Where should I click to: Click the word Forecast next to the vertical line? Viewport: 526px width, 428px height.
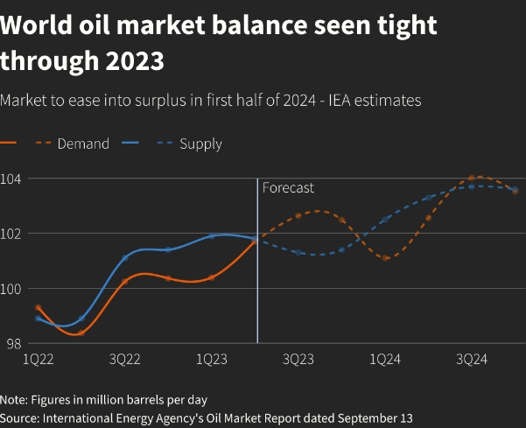point(288,188)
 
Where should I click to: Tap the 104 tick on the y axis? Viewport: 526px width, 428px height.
point(15,179)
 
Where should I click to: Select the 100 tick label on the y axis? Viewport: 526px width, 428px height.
point(15,289)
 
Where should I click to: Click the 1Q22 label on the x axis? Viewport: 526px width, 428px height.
point(39,360)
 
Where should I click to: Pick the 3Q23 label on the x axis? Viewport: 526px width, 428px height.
point(298,360)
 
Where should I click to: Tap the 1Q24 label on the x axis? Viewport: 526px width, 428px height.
point(385,360)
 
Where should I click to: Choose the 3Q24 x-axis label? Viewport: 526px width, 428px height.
point(472,360)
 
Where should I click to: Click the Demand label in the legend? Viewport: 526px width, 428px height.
point(83,144)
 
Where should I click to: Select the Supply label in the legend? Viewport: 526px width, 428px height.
point(200,144)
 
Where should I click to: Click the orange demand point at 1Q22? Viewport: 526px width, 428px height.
point(39,308)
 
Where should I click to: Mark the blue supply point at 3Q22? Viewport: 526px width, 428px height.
point(125,257)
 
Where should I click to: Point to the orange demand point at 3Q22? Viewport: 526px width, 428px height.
point(125,281)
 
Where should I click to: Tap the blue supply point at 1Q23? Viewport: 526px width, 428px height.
point(212,236)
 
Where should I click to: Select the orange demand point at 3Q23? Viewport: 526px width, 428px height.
point(298,215)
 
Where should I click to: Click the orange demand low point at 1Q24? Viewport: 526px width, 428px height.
point(385,257)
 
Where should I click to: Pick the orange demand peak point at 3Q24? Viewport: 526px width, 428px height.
point(472,179)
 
